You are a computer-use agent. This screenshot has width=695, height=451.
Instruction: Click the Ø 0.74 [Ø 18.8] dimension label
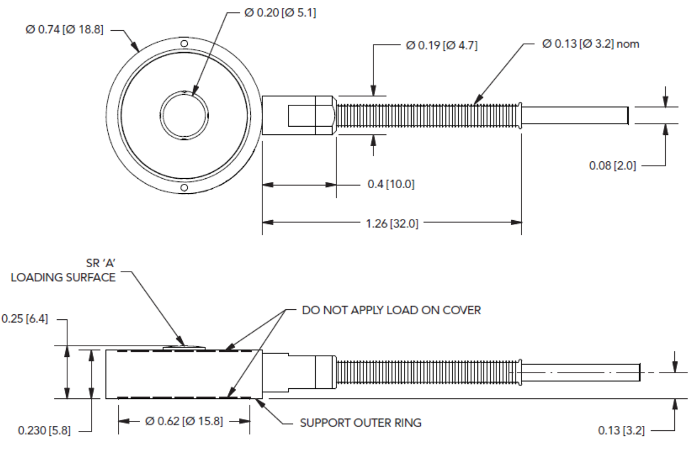[x=65, y=29]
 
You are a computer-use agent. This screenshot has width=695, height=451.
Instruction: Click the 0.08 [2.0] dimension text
[x=612, y=166]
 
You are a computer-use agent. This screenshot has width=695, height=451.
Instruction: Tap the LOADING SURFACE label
[x=63, y=277]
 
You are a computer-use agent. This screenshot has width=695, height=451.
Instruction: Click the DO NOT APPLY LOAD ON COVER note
[x=391, y=310]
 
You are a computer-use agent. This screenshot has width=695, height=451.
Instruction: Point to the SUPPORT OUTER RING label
[x=361, y=422]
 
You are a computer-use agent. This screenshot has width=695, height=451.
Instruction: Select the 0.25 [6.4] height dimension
[x=25, y=319]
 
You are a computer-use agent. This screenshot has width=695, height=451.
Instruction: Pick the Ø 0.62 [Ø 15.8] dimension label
[x=184, y=421]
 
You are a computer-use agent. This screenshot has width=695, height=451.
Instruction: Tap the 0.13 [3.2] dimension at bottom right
[x=622, y=430]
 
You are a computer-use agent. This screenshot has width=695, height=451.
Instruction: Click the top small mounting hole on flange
[x=183, y=44]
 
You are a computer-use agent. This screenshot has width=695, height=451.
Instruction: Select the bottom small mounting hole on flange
[x=183, y=189]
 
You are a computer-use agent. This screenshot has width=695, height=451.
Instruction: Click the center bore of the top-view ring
[x=183, y=117]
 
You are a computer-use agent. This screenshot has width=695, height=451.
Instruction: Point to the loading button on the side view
[x=184, y=347]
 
